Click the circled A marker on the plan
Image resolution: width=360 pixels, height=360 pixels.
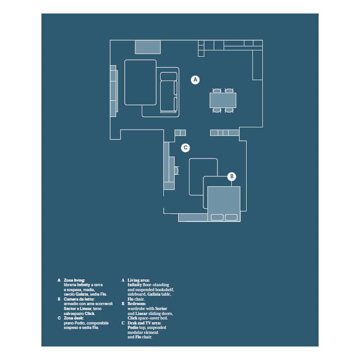195,80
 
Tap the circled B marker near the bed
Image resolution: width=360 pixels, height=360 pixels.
231,176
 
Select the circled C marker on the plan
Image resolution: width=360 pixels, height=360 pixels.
185,147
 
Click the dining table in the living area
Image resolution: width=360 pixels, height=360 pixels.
223,100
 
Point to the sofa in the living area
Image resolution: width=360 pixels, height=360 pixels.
169,92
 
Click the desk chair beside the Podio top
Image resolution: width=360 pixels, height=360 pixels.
177,171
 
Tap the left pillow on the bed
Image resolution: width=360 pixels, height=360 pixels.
217,217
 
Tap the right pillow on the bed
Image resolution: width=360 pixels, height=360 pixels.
231,217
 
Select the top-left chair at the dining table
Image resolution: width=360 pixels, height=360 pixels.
216,90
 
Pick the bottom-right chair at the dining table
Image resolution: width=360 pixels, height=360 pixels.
229,109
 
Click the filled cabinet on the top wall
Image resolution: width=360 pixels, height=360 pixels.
148,47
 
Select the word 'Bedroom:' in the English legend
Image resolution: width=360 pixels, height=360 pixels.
137,304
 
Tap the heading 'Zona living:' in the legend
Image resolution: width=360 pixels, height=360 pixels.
74,280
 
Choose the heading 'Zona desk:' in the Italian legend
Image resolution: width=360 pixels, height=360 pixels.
73,318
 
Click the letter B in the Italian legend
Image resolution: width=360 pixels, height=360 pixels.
58,299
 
